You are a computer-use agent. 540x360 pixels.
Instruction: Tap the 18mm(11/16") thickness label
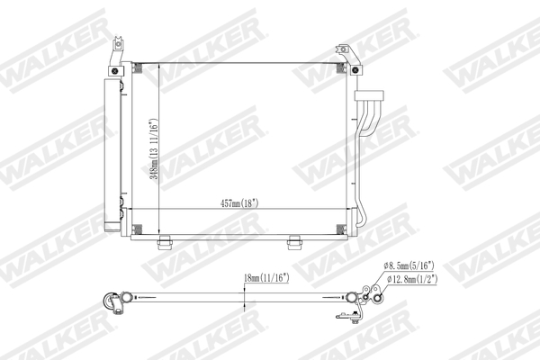click(265, 279)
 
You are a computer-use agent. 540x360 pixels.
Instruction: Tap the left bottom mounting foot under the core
click(165, 241)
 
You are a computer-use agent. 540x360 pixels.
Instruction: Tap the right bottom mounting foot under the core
click(293, 241)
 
